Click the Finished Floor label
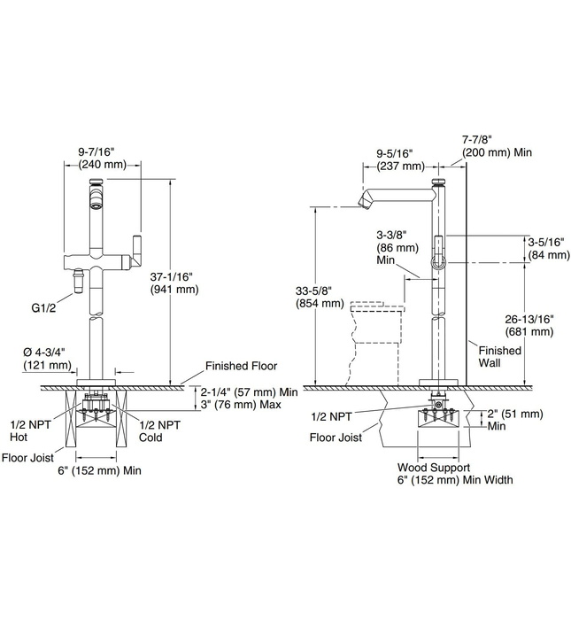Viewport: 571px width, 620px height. click(x=241, y=365)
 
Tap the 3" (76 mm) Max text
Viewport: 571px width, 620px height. click(x=241, y=405)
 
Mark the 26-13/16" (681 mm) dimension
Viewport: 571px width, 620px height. click(x=530, y=325)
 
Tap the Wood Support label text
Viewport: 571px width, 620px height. click(x=433, y=467)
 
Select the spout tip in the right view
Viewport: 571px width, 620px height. click(x=362, y=205)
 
